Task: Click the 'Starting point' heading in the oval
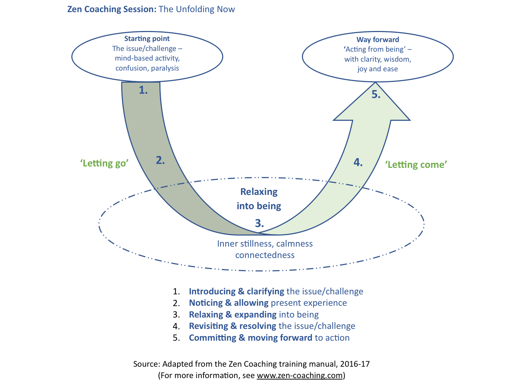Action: click(147, 38)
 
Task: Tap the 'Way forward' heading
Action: click(378, 40)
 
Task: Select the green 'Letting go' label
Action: click(104, 163)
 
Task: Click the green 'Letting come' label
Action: click(416, 165)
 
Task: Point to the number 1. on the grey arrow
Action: click(143, 90)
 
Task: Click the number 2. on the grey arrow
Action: click(160, 160)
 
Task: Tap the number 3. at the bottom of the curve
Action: click(259, 223)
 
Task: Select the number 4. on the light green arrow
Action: click(358, 162)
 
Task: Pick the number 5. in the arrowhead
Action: click(376, 94)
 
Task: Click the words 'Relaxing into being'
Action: click(259, 199)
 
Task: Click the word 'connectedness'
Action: click(265, 255)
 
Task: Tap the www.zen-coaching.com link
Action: click(299, 375)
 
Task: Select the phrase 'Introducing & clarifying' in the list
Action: click(236, 291)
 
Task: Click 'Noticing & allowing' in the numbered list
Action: click(228, 303)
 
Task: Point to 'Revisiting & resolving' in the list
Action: click(232, 326)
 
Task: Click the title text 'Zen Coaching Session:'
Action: click(112, 9)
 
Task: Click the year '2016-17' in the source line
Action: click(355, 364)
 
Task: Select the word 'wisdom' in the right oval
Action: click(397, 59)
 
